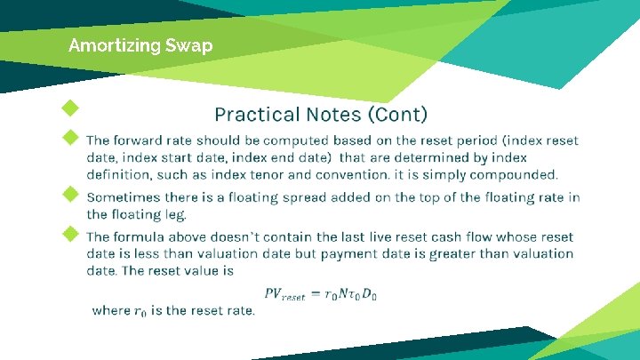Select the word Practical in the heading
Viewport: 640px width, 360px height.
click(256, 115)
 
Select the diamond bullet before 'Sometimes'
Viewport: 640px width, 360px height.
click(69, 193)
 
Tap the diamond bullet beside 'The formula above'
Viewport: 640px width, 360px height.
click(69, 234)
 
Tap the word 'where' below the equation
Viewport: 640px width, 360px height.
click(110, 310)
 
